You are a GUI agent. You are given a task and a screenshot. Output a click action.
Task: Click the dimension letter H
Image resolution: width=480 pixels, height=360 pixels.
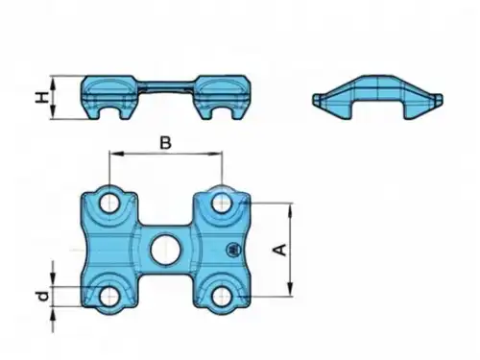click(42, 97)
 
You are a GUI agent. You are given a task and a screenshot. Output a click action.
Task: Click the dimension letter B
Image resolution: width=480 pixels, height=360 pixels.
click(165, 143)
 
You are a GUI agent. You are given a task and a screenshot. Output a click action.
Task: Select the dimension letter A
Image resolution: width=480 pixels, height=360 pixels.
click(280, 250)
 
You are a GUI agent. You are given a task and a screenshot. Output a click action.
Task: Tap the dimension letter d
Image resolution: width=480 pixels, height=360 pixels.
click(43, 297)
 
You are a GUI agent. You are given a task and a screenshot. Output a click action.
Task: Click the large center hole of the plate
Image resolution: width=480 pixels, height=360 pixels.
click(164, 250)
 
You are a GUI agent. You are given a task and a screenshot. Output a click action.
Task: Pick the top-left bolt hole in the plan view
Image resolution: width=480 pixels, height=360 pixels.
click(109, 204)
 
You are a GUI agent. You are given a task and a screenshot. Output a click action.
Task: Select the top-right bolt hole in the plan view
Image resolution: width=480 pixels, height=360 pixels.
click(221, 203)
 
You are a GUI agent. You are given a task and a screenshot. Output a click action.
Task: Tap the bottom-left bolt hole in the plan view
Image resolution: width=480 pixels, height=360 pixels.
click(109, 297)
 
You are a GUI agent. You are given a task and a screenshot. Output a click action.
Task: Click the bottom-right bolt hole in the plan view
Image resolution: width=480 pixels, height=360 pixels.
click(221, 297)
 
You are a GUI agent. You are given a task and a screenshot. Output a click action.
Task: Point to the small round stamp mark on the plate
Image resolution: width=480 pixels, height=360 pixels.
click(232, 249)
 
